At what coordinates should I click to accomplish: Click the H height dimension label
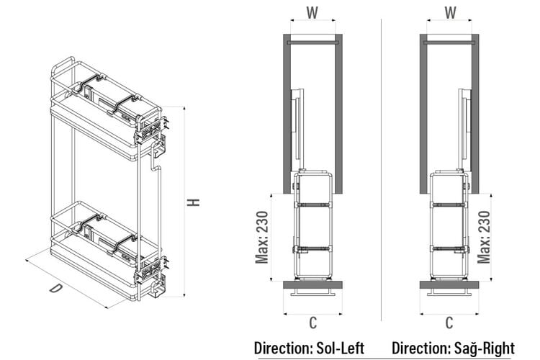point(194,202)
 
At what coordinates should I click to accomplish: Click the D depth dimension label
point(55,288)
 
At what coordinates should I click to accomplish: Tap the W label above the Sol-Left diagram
point(312,13)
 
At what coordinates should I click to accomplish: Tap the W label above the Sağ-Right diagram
point(450,13)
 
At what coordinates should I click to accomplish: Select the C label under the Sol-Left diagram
point(312,323)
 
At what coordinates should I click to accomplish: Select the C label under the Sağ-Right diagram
point(449,323)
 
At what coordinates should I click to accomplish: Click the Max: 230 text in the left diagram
point(262,238)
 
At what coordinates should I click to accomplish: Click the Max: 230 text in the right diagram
point(484,238)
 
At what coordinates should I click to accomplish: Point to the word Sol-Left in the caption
point(340,348)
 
